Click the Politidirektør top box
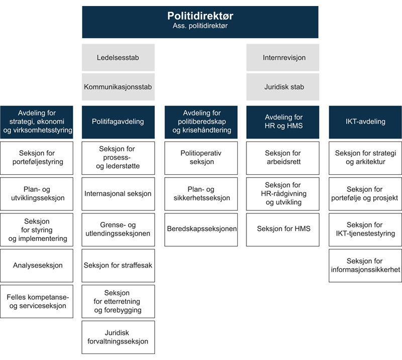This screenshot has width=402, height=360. tap(200, 22)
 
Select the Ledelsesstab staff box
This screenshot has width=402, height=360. tap(118, 57)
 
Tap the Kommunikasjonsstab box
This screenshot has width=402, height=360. tap(118, 87)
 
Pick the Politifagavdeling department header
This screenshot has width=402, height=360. tap(118, 122)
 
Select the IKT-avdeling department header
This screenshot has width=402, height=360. tap(365, 122)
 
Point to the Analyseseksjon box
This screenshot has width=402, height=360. tap(37, 265)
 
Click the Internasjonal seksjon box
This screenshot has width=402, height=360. tap(118, 194)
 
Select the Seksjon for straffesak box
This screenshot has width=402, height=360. tap(118, 265)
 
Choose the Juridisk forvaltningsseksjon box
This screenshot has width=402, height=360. tap(118, 337)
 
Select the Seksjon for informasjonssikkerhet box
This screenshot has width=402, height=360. tap(365, 265)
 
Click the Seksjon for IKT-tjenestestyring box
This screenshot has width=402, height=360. tap(365, 229)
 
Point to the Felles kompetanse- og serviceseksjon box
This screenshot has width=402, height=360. tap(37, 301)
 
